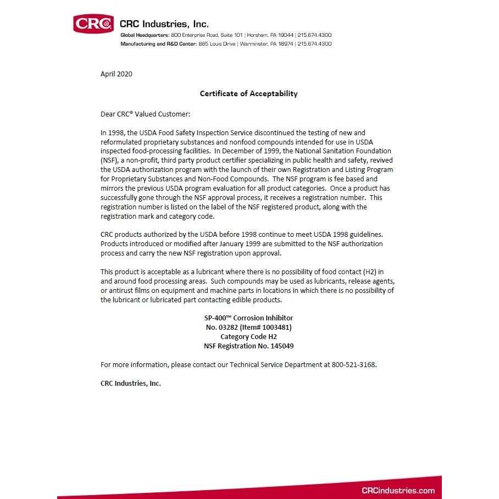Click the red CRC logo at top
pyautogui.click(x=93, y=24)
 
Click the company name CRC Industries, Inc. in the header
pyautogui.click(x=164, y=24)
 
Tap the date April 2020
pyautogui.click(x=117, y=74)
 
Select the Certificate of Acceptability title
pyautogui.click(x=248, y=93)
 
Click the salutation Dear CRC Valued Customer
pyautogui.click(x=145, y=114)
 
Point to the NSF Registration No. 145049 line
pyautogui.click(x=248, y=346)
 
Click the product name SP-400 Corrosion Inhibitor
pyautogui.click(x=248, y=318)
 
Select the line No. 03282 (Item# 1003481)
pyautogui.click(x=248, y=328)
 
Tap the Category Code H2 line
pyautogui.click(x=248, y=337)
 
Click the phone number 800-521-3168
pyautogui.click(x=353, y=365)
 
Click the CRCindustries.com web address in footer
pyautogui.click(x=398, y=491)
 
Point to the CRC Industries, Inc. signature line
pyautogui.click(x=131, y=384)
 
